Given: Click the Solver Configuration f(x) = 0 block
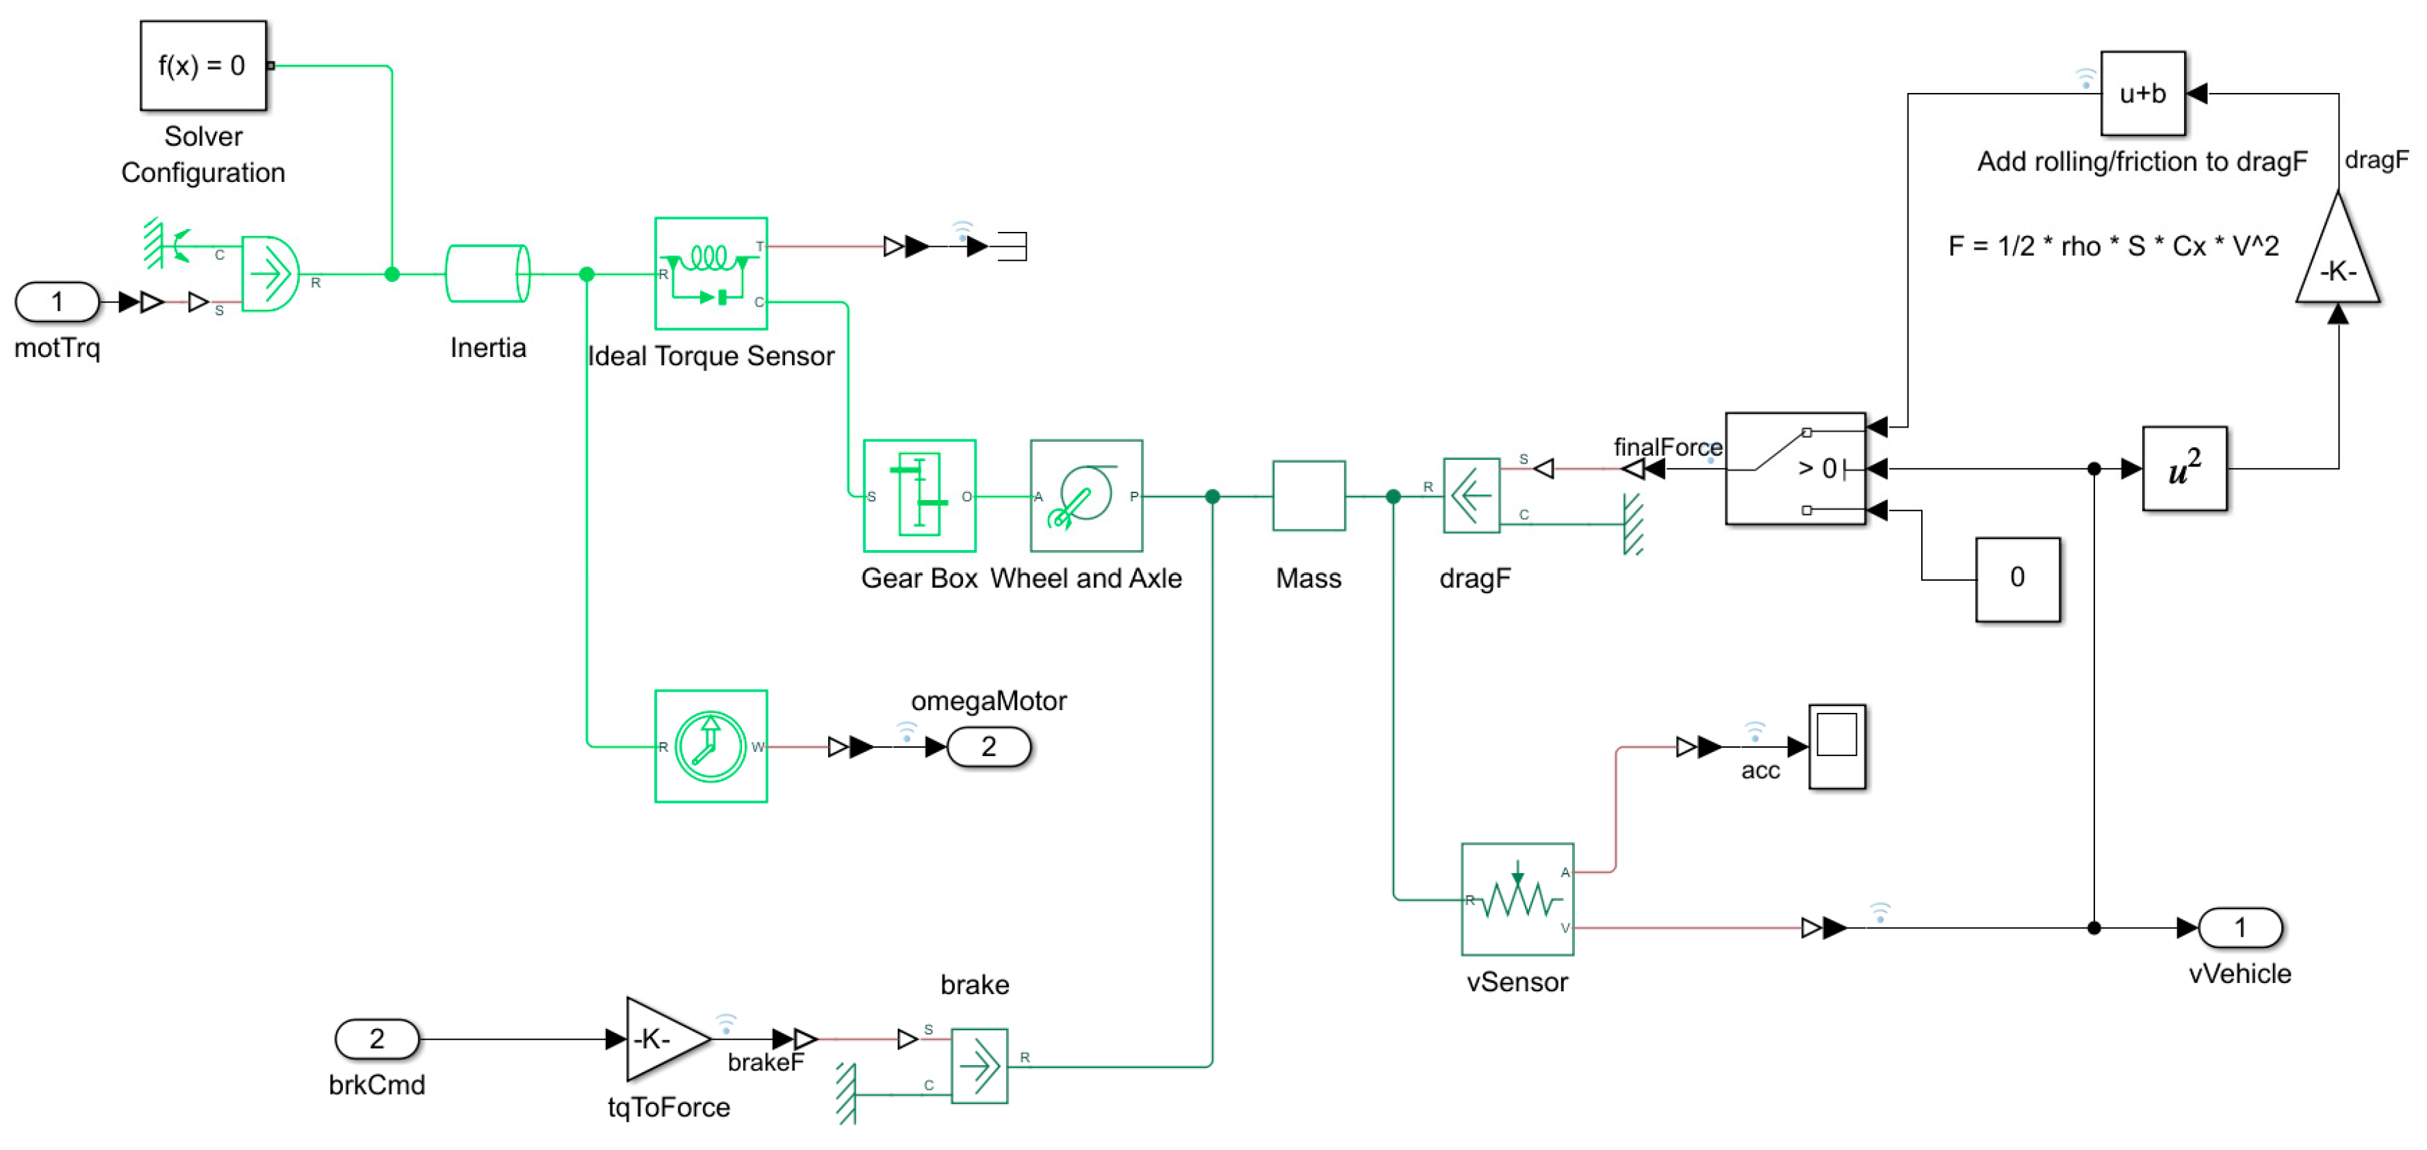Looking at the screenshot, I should click(x=203, y=65).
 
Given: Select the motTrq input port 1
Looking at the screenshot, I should click(x=57, y=302).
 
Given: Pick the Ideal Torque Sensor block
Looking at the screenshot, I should click(x=710, y=274).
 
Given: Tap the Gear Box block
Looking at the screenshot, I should click(x=919, y=495).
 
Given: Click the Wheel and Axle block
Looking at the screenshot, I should click(x=1086, y=495).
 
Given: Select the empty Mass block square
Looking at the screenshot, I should click(x=1308, y=495).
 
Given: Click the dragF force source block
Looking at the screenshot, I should click(x=1471, y=495).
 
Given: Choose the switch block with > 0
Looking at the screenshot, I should click(x=1795, y=468).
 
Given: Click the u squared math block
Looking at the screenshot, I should click(x=2184, y=468).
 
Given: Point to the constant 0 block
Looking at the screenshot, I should click(x=2016, y=578).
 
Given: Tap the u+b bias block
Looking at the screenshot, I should click(x=2142, y=93).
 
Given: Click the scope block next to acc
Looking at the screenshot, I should click(x=1836, y=746).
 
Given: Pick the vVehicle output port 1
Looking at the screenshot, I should click(x=2239, y=928).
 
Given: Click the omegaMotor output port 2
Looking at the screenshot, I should click(x=988, y=747).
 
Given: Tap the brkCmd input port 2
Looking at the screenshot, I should click(x=377, y=1039).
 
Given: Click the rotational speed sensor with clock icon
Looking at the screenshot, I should click(x=710, y=746).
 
